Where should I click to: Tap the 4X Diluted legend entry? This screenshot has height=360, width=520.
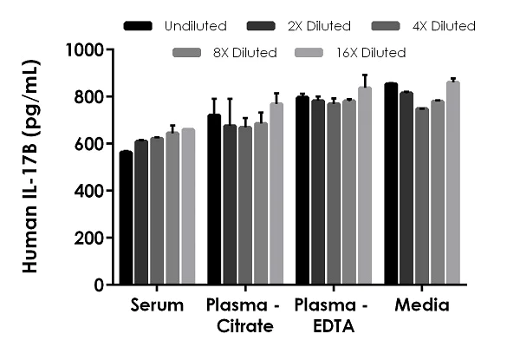pos(441,26)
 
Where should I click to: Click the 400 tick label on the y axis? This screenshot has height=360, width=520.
pos(89,191)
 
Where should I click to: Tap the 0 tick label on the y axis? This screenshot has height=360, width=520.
pos(98,285)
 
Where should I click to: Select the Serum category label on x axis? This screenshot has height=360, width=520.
pos(158,305)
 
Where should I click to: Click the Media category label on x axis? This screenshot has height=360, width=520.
pos(421,305)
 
